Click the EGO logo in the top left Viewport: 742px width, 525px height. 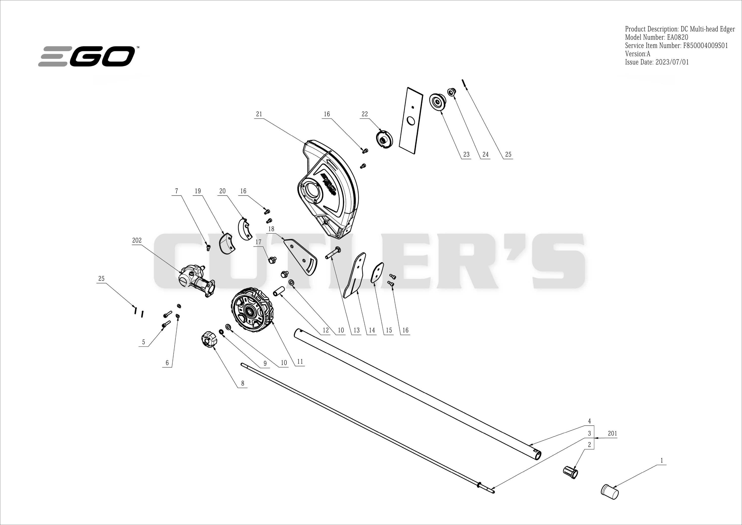click(x=87, y=56)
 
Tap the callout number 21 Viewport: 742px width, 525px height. click(x=259, y=114)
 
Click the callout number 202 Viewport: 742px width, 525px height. click(x=137, y=240)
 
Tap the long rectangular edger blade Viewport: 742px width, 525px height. click(x=411, y=121)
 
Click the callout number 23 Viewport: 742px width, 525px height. click(x=466, y=155)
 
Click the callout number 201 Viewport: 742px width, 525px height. click(x=612, y=433)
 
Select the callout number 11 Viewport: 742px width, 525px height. click(x=300, y=362)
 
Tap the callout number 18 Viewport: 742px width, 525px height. click(x=271, y=229)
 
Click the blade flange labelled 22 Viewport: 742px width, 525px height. click(x=384, y=139)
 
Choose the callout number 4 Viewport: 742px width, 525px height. click(x=589, y=421)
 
